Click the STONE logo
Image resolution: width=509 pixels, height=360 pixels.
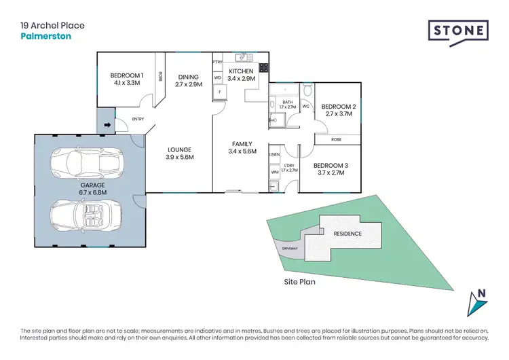tap(458, 31)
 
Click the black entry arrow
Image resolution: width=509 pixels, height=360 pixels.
tap(106, 126)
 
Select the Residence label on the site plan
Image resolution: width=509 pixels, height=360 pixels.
tap(347, 234)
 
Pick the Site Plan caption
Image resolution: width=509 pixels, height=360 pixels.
tap(300, 280)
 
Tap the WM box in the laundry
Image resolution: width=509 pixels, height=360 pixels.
tap(275, 173)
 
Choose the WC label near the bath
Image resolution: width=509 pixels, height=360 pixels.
tap(305, 106)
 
